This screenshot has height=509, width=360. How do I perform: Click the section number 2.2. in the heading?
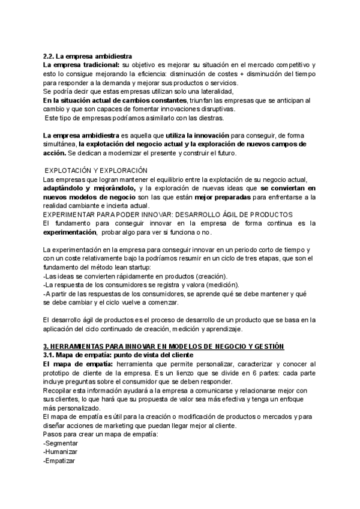pyautogui.click(x=50, y=56)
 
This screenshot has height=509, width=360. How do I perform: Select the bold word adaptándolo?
pyautogui.click(x=67, y=188)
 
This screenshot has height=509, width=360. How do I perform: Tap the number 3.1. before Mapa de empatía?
pyautogui.click(x=50, y=355)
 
